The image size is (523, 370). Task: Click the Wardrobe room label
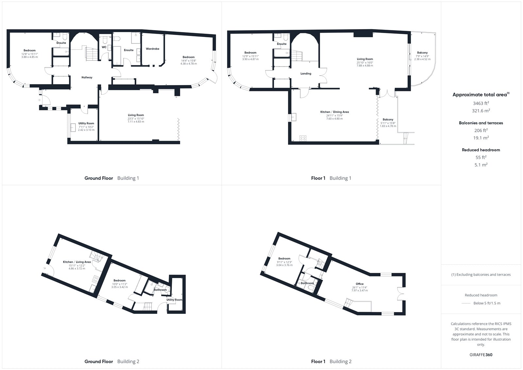[x=152, y=49]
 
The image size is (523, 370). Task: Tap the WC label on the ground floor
[x=104, y=47]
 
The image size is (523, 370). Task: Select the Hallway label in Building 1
[x=87, y=77]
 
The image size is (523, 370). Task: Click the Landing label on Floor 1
[x=306, y=74]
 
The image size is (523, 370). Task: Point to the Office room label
[x=360, y=284]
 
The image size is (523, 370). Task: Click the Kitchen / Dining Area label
[x=334, y=112]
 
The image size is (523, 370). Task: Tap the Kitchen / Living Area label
[x=77, y=262]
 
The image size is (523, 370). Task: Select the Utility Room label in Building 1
[x=86, y=123]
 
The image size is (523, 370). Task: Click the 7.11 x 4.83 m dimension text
[x=136, y=122]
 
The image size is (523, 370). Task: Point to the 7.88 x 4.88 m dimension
[x=365, y=66]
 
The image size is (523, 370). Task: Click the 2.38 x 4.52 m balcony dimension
[x=422, y=59]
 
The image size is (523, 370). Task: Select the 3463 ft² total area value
[x=481, y=103]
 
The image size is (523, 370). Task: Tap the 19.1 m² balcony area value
[x=481, y=138]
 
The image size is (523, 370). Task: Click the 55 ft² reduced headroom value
[x=481, y=158]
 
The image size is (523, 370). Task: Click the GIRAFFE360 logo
[x=481, y=355]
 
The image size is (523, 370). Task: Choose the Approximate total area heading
[x=481, y=95]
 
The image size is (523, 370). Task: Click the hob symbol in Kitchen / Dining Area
[x=303, y=138]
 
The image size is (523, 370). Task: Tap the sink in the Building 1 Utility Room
[x=73, y=127]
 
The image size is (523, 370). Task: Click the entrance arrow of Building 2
[x=44, y=268]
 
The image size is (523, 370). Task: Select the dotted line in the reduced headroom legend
[x=466, y=303]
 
